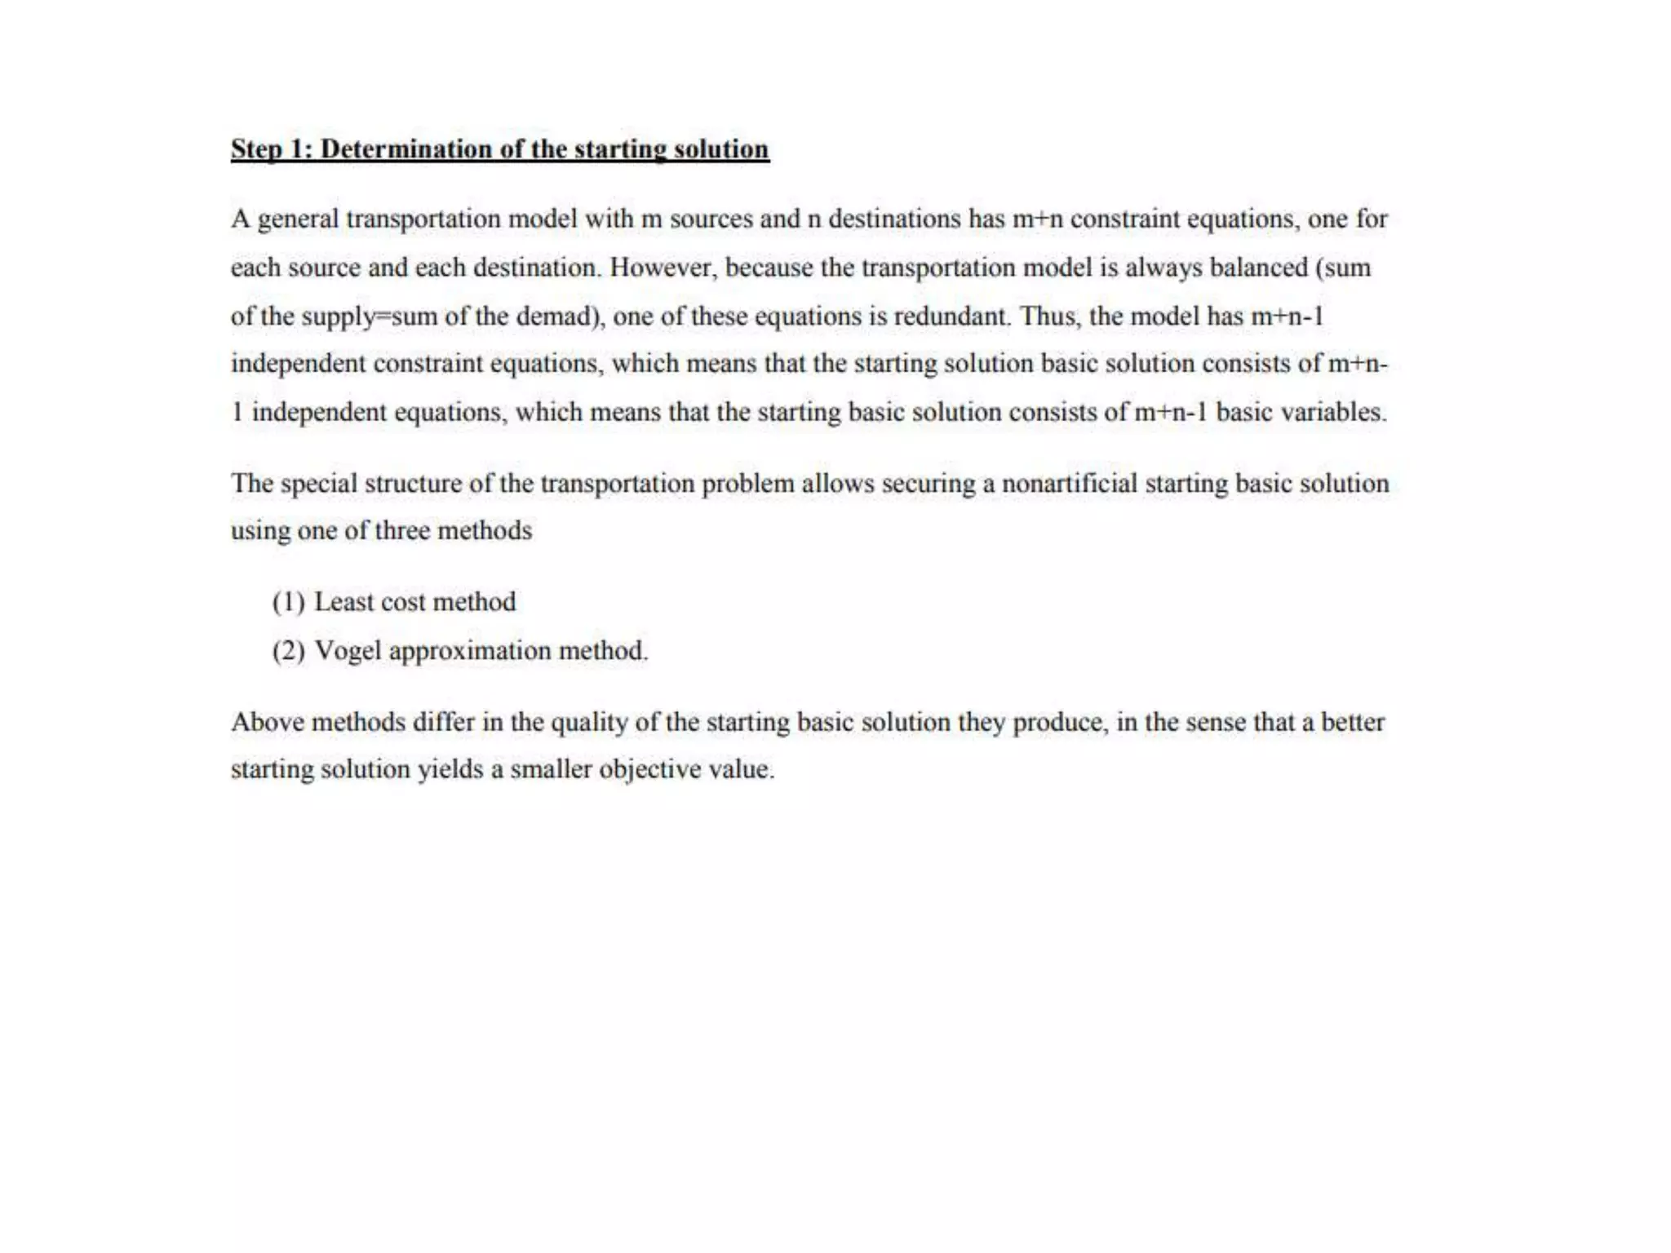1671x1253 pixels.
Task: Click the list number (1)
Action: tap(289, 602)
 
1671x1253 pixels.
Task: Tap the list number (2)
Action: tap(289, 651)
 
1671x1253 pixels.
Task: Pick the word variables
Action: tap(1332, 412)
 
